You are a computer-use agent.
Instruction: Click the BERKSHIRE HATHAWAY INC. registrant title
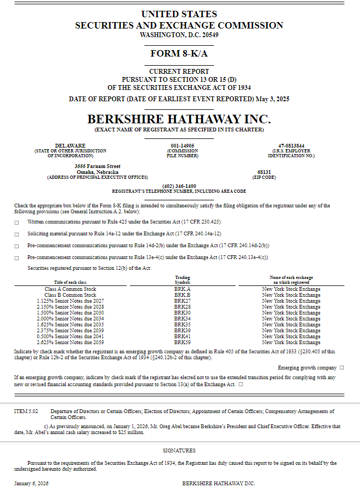tap(179, 118)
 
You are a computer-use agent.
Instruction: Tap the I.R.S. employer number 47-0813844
tap(291, 145)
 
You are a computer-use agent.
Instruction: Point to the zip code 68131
tap(264, 172)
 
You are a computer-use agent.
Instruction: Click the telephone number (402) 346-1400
tap(179, 186)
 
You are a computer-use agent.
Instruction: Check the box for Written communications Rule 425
tap(16, 222)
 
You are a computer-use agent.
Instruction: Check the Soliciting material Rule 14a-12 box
tap(16, 234)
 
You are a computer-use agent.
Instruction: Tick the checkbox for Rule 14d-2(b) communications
tap(16, 246)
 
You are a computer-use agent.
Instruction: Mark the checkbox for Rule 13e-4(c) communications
tap(16, 258)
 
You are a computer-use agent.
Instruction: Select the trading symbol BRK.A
tap(182, 289)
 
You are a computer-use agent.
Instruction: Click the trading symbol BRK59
tap(182, 343)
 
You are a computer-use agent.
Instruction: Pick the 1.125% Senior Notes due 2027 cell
tap(70, 301)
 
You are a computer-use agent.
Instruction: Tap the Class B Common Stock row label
tap(70, 295)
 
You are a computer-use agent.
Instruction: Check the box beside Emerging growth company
tap(342, 367)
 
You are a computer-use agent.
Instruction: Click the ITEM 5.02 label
tap(26, 411)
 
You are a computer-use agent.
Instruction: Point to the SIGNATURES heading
tap(179, 450)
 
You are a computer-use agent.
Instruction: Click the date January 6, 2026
tap(31, 483)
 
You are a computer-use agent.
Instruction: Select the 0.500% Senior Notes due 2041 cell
tap(70, 337)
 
